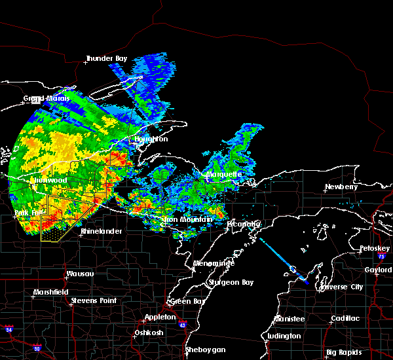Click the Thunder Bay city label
[108, 59]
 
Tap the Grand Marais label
[42, 99]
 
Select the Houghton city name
[151, 139]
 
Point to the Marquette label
[224, 175]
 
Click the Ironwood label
[49, 180]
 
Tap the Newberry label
[341, 187]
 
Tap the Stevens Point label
[93, 300]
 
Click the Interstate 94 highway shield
[9, 327]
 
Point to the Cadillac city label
[345, 318]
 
